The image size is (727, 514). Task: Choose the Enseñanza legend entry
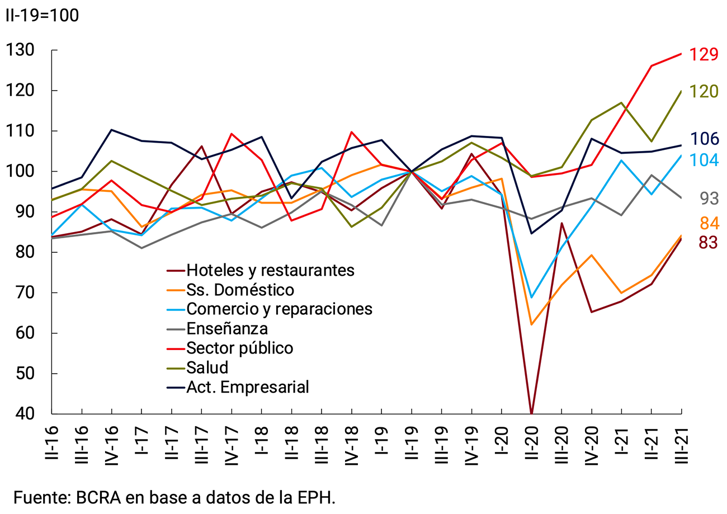pos(227,328)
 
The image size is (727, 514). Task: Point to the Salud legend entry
pos(207,367)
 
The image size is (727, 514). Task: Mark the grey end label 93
pos(707,199)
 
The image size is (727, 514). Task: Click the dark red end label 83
pos(707,243)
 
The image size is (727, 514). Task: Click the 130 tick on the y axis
pos(20,50)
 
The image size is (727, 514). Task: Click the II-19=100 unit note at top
pos(41,15)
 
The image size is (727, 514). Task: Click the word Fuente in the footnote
pos(39,497)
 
